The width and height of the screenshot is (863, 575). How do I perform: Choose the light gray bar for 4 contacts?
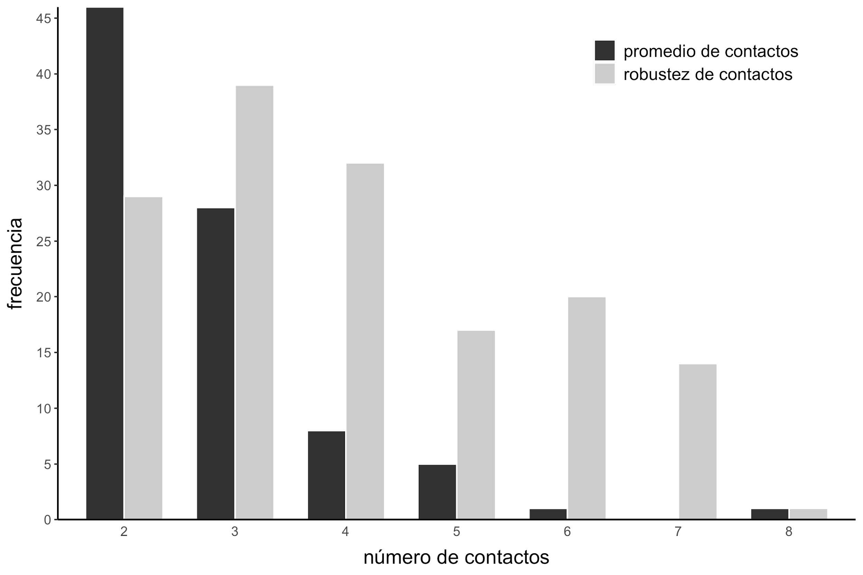(x=365, y=341)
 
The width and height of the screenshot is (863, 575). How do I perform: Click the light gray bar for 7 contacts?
(x=698, y=442)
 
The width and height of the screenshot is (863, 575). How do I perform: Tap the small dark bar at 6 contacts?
(x=548, y=514)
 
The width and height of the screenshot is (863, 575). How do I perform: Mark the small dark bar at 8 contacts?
(x=770, y=514)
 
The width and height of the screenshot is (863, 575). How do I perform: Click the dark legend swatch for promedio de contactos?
(x=604, y=50)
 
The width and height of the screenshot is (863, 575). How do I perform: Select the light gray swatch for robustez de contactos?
(x=604, y=74)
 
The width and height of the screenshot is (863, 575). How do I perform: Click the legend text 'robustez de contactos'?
(x=708, y=74)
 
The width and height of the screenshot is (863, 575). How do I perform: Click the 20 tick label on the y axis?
(x=43, y=297)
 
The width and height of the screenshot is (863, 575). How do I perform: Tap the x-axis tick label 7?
(x=678, y=532)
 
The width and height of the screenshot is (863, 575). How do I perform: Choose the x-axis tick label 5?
(x=456, y=532)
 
